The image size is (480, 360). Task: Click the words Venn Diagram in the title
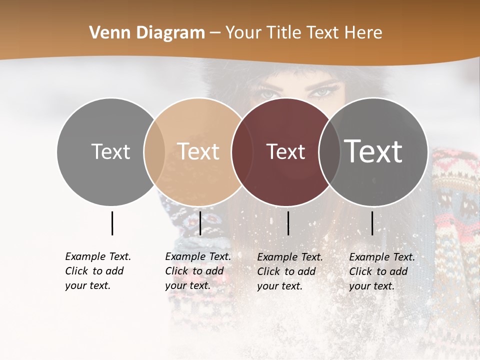(147, 33)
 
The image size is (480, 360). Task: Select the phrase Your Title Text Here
(303, 33)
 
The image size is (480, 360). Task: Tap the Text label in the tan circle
(198, 151)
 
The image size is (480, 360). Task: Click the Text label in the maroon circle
(286, 151)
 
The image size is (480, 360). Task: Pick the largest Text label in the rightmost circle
(373, 151)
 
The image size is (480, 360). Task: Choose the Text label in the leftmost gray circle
(111, 151)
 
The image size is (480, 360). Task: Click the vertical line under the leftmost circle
(112, 223)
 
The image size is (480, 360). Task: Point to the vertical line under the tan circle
(200, 223)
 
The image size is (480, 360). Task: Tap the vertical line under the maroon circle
(288, 223)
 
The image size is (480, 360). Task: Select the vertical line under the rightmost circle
(372, 223)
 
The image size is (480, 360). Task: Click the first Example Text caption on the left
(97, 271)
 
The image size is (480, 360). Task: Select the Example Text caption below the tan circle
(197, 271)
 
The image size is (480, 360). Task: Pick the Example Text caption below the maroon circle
(289, 271)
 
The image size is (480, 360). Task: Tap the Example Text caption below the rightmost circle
(381, 271)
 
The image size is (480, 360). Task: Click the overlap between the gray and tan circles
(154, 151)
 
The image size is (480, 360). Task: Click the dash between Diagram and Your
(215, 33)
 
